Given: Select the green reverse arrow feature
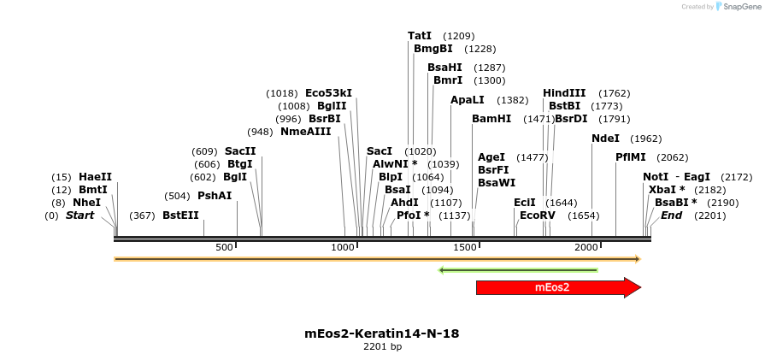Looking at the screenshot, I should [518, 270].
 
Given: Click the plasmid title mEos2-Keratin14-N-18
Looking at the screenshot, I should [382, 333].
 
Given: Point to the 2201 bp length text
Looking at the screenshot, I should [382, 347].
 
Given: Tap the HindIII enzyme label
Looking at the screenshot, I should [564, 93].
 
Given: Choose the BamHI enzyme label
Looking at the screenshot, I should [491, 119].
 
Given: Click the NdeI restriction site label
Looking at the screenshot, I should [605, 139].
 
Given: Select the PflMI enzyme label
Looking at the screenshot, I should [631, 157].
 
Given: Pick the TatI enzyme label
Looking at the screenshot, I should [420, 36].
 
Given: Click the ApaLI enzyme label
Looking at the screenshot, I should [468, 100].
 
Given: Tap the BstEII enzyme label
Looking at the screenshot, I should [180, 215].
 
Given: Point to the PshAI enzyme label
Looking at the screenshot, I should [215, 196].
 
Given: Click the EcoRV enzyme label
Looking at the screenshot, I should [538, 215].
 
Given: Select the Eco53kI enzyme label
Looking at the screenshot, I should [328, 93].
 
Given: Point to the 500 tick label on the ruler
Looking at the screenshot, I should [224, 247].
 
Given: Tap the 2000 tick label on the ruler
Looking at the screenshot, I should [586, 247].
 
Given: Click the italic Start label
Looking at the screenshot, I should [79, 215].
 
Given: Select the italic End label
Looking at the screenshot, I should [671, 215].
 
